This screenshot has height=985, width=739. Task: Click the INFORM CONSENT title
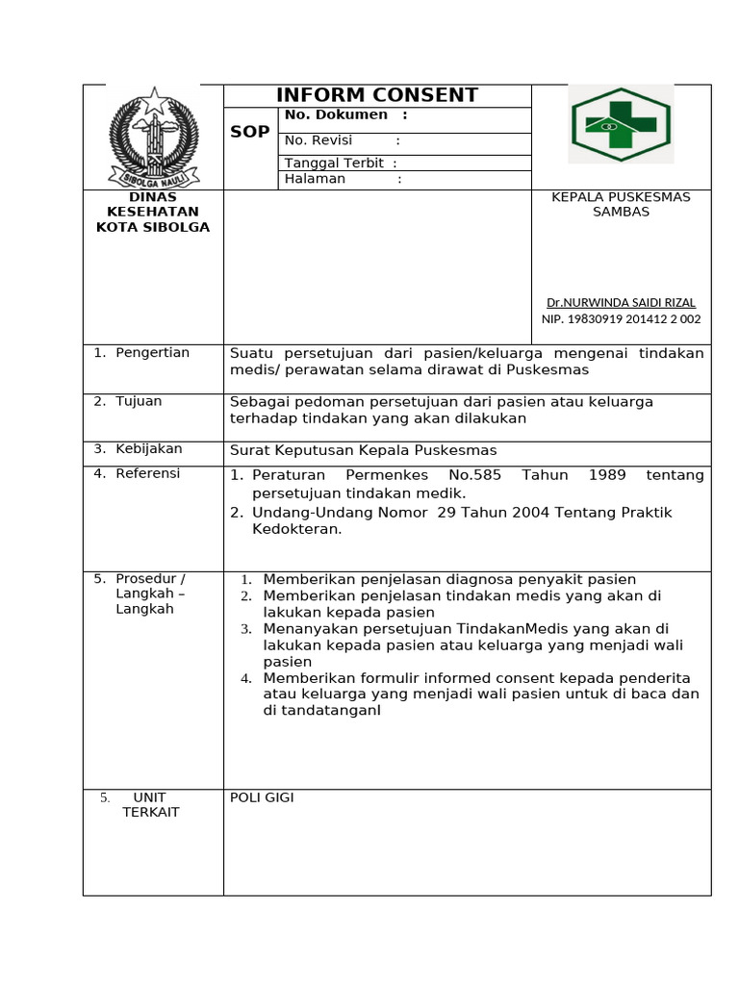[376, 95]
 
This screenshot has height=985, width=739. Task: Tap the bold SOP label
[250, 132]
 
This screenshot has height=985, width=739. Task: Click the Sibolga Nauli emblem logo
[153, 137]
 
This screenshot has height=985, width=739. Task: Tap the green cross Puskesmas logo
[621, 125]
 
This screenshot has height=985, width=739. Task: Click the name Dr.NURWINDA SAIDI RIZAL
[621, 302]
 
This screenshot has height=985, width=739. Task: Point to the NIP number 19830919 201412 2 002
[621, 319]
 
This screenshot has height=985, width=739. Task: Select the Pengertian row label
[152, 353]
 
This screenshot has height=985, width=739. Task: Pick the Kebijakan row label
[148, 449]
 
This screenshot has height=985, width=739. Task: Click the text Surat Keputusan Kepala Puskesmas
[363, 450]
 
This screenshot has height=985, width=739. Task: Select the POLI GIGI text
[262, 797]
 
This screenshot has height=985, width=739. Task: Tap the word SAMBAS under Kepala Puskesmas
[621, 212]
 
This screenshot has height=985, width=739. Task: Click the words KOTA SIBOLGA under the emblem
[153, 227]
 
